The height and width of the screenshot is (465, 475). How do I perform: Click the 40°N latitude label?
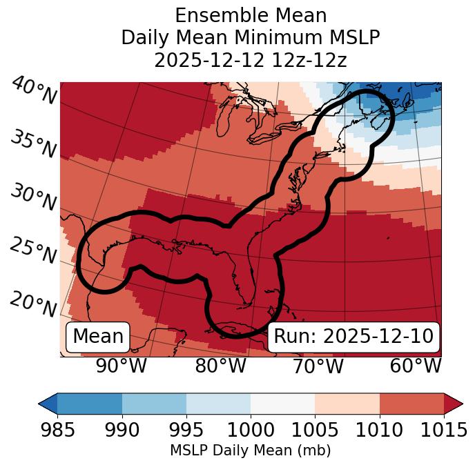[x=33, y=91]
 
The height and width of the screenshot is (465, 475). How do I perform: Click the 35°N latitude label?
[x=33, y=144]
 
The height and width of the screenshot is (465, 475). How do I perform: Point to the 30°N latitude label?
[x=33, y=198]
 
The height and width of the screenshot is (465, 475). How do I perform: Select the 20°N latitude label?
[x=33, y=304]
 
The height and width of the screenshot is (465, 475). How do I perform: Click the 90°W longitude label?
[x=121, y=366]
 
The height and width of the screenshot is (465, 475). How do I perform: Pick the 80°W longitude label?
[x=220, y=366]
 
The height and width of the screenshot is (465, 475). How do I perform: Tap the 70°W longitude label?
[x=318, y=366]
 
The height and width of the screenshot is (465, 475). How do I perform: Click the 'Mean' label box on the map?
[x=98, y=337]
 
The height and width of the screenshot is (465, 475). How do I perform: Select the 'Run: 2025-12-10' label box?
[x=353, y=337]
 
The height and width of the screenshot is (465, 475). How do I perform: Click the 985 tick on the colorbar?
[x=57, y=430]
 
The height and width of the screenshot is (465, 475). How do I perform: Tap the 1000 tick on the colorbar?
[x=251, y=430]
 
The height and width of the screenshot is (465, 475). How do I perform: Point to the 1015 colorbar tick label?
[x=444, y=430]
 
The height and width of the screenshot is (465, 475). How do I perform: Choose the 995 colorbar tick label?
[x=186, y=430]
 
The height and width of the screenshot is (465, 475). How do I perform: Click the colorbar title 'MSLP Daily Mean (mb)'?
[x=250, y=451]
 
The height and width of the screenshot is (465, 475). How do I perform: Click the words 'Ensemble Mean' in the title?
[x=250, y=15]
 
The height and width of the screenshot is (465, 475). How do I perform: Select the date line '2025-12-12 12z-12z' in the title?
[x=250, y=60]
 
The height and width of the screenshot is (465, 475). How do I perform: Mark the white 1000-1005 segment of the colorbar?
[x=282, y=404]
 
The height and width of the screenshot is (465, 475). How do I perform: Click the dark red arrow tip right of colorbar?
[x=454, y=404]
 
